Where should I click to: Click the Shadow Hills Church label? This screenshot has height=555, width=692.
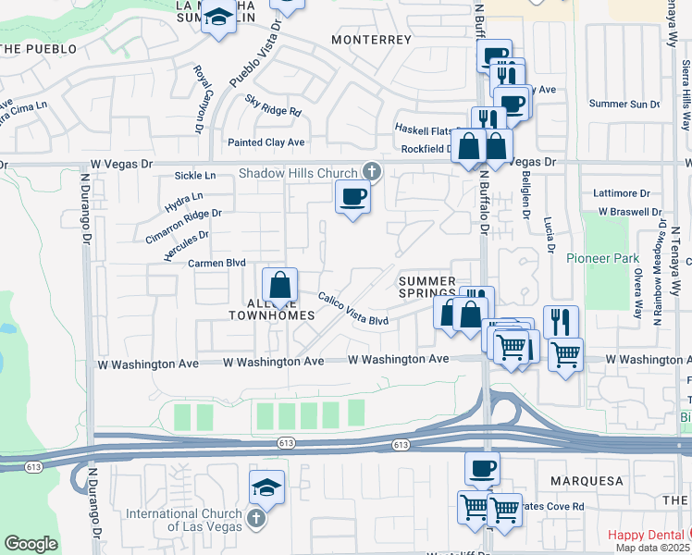click(298, 173)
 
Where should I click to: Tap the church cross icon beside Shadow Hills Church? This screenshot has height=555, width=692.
click(371, 171)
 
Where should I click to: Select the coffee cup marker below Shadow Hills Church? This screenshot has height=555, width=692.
click(352, 197)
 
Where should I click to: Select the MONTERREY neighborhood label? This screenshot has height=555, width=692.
click(370, 40)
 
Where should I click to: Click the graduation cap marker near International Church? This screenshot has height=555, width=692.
click(267, 487)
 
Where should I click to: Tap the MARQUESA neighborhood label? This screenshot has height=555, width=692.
click(587, 482)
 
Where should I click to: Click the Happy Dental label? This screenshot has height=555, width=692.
click(647, 535)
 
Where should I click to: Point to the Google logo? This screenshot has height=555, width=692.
click(31, 544)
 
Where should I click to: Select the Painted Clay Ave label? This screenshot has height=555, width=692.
click(266, 142)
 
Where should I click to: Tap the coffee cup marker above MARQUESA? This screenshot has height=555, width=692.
click(482, 468)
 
